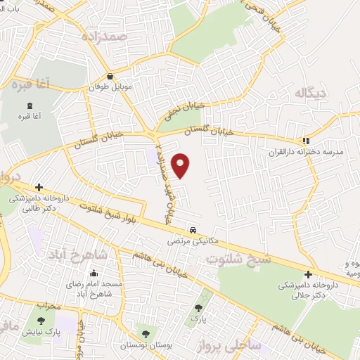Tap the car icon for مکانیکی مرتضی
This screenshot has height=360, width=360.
[x=192, y=230]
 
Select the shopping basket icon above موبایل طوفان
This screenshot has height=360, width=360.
[x=110, y=77]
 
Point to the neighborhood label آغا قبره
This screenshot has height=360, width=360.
[x=30, y=85]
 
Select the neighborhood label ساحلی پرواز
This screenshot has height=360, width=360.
[x=253, y=345]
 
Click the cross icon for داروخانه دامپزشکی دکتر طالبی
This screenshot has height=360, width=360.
[x=39, y=187]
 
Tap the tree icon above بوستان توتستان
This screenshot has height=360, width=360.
[x=146, y=334]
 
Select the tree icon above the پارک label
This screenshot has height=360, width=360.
[x=199, y=307]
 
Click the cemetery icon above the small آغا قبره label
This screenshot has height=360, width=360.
[x=29, y=105]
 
